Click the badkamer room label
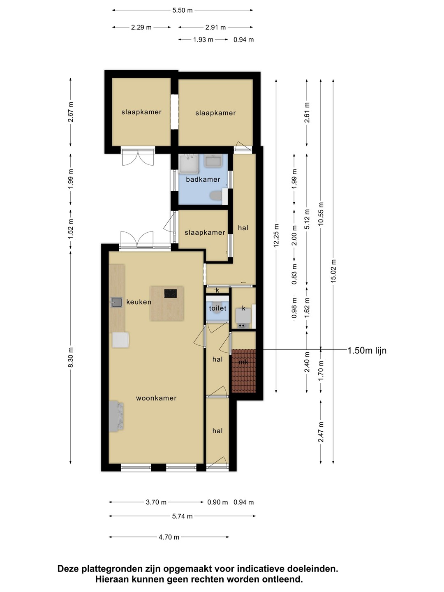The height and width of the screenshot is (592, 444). tap(203, 179)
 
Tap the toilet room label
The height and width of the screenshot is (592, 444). tap(217, 308)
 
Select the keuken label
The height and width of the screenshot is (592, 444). tap(139, 302)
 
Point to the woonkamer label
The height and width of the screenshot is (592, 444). tap(156, 398)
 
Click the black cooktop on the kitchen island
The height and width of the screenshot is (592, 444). tap(170, 294)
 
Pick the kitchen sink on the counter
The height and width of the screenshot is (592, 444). tap(116, 302)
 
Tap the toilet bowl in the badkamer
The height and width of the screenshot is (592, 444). tap(216, 196)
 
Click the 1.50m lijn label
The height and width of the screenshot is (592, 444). tap(367, 350)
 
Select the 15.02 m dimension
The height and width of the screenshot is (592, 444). tap(333, 271)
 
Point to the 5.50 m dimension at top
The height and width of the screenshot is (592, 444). tap(183, 11)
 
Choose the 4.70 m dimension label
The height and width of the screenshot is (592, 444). tap(169, 537)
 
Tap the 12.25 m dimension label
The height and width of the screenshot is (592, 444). tap(276, 236)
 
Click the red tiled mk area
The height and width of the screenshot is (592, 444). tap(243, 370)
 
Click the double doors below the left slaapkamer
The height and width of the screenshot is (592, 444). tap(138, 157)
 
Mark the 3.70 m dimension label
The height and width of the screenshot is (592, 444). tap(156, 502)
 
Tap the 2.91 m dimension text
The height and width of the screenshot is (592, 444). tap(215, 27)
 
